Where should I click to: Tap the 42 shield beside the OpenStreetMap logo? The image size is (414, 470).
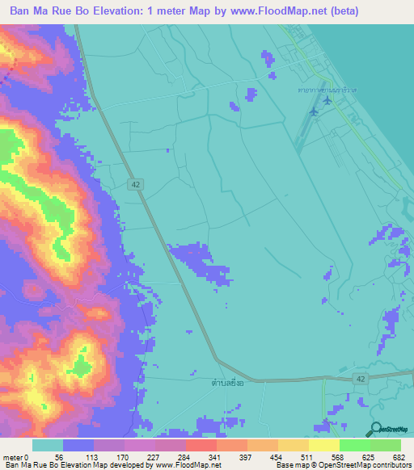click(359, 378)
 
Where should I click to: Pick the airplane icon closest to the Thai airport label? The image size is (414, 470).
click(327, 100)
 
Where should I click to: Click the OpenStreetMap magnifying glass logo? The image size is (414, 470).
click(377, 429)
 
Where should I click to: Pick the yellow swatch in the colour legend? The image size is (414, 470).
click(324, 445)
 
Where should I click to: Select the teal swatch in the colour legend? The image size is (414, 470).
click(48, 445)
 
